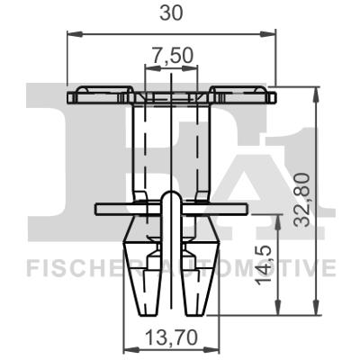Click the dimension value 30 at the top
pos(171,13)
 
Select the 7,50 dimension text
pos(171,57)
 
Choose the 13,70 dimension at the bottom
pos(171,339)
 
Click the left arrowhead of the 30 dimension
pos(73,35)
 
